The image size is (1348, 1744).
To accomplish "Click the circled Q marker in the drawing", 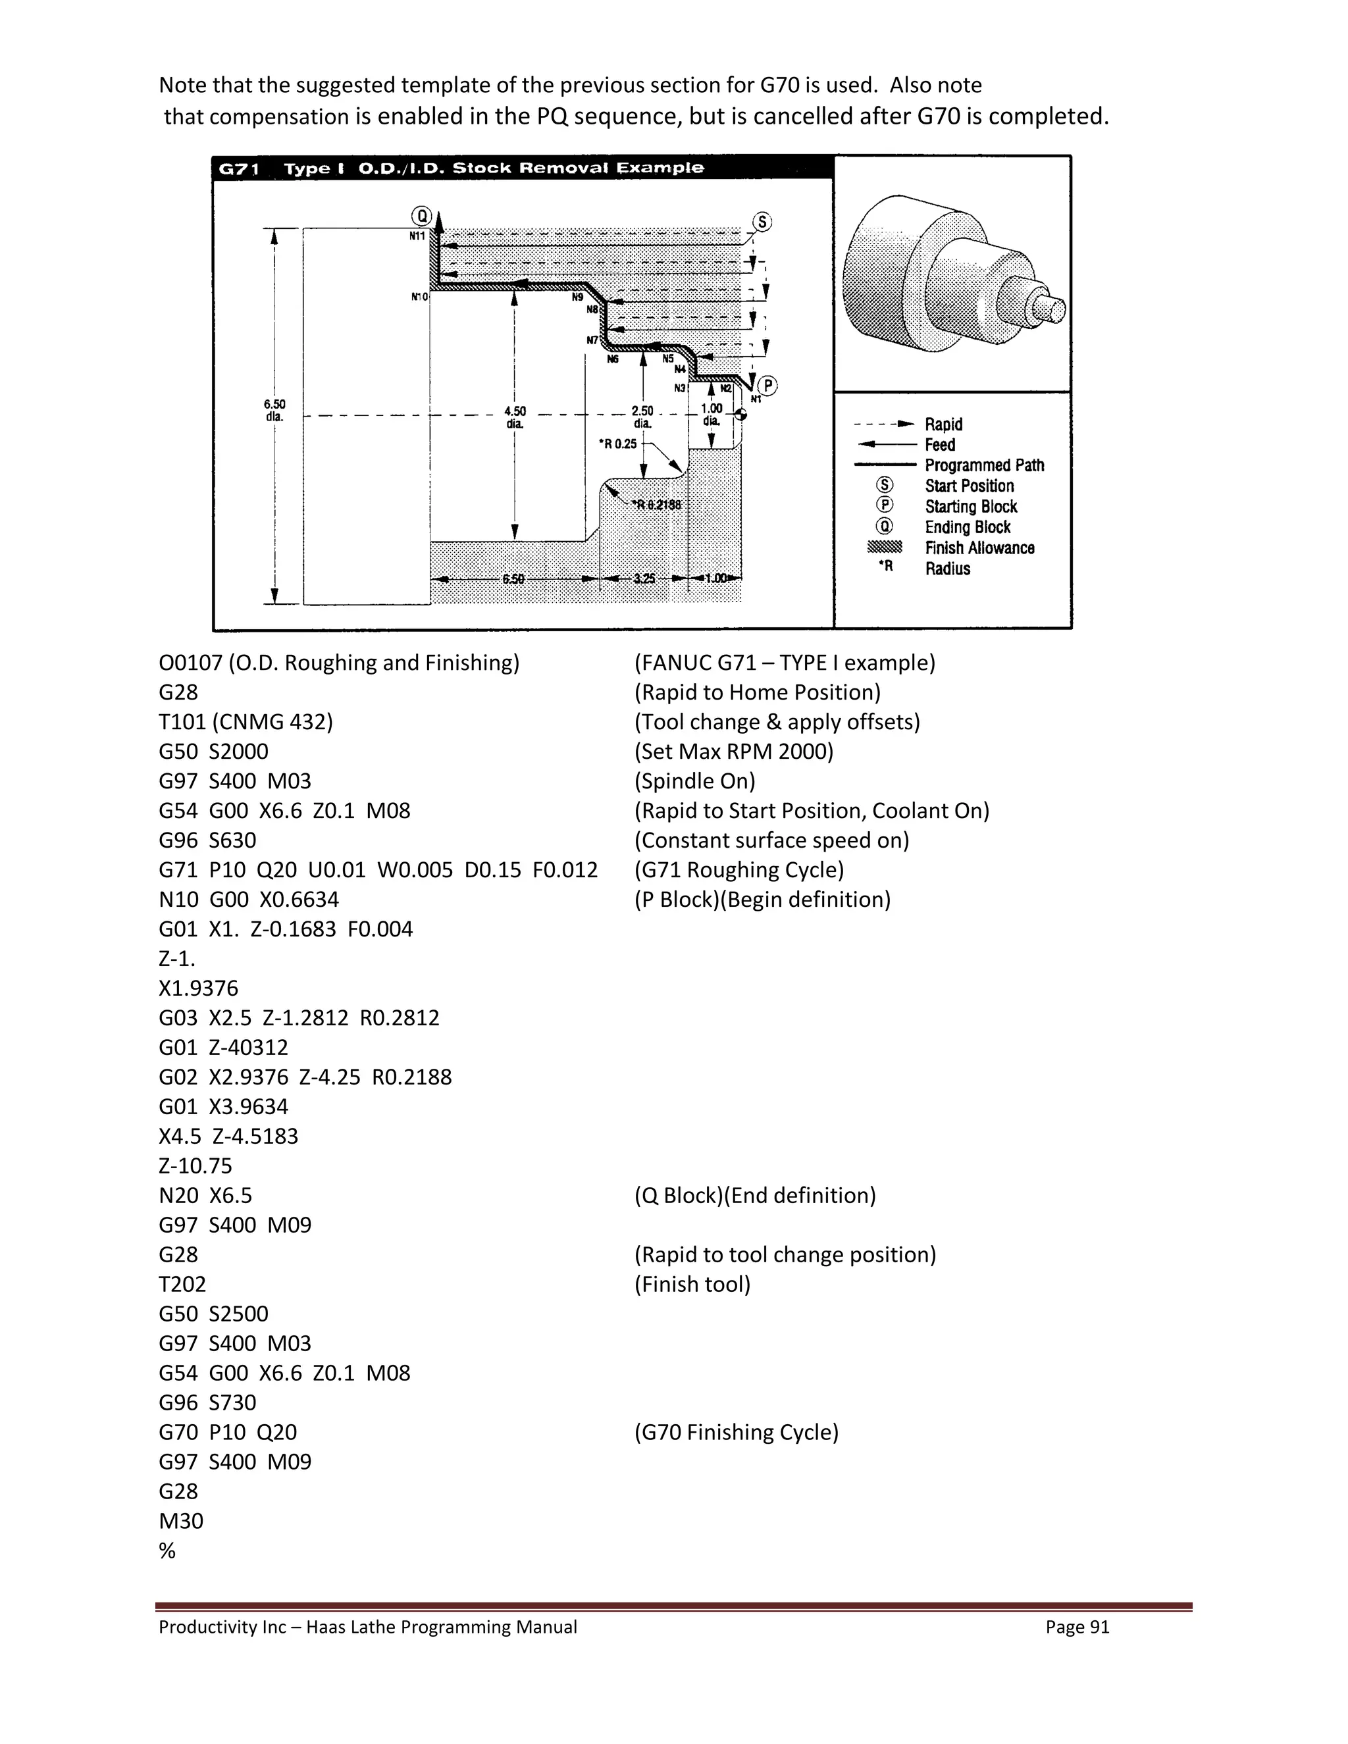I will click(421, 216).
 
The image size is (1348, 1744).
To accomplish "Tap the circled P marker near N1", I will click(767, 386).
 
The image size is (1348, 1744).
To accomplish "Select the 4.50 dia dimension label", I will click(515, 417).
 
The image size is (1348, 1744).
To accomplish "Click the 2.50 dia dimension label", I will click(642, 417).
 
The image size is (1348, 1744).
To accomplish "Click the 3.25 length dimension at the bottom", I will click(644, 578).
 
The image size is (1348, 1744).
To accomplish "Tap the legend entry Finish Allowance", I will click(979, 548).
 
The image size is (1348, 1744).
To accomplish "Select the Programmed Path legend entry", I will click(984, 465).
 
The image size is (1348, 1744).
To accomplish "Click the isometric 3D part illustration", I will click(952, 274).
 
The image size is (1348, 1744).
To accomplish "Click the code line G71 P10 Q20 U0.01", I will click(378, 869).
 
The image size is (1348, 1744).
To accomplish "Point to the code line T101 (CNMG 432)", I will click(245, 722).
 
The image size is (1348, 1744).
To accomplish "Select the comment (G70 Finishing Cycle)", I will click(737, 1432).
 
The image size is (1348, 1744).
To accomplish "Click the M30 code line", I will click(180, 1520).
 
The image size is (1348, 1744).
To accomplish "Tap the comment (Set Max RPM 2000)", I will click(733, 752).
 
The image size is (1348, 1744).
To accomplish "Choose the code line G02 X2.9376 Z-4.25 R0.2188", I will click(304, 1077).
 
